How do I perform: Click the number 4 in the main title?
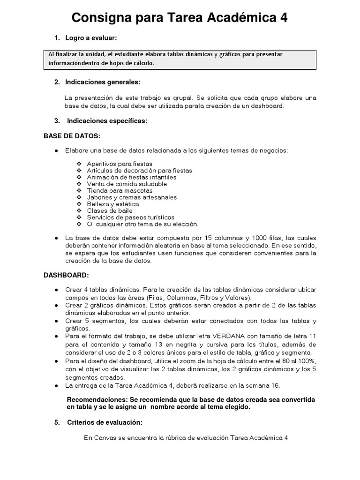283,18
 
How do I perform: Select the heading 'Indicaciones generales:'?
103,82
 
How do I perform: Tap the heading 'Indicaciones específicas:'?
107,121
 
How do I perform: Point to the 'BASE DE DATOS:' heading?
72,136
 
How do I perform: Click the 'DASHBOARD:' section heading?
66,275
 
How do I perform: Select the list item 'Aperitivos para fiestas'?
120,164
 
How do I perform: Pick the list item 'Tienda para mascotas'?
120,191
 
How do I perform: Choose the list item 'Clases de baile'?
110,211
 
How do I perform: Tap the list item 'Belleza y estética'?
112,204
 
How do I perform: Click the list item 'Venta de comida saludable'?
127,184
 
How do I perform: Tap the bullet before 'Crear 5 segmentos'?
56,321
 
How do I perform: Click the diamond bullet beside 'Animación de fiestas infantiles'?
78,178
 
